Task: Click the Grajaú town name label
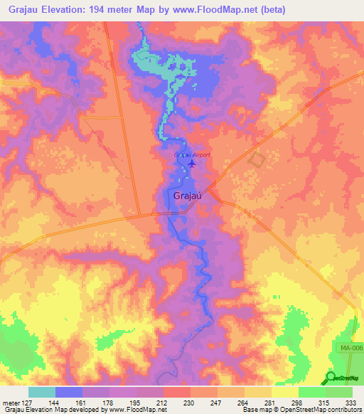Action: coord(186,196)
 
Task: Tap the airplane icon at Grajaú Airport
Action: coord(192,164)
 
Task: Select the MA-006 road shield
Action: coord(346,346)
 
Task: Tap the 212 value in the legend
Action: coord(163,402)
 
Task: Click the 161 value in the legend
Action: coord(82,402)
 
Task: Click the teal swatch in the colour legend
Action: coord(42,392)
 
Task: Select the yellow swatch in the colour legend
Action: coord(285,392)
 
